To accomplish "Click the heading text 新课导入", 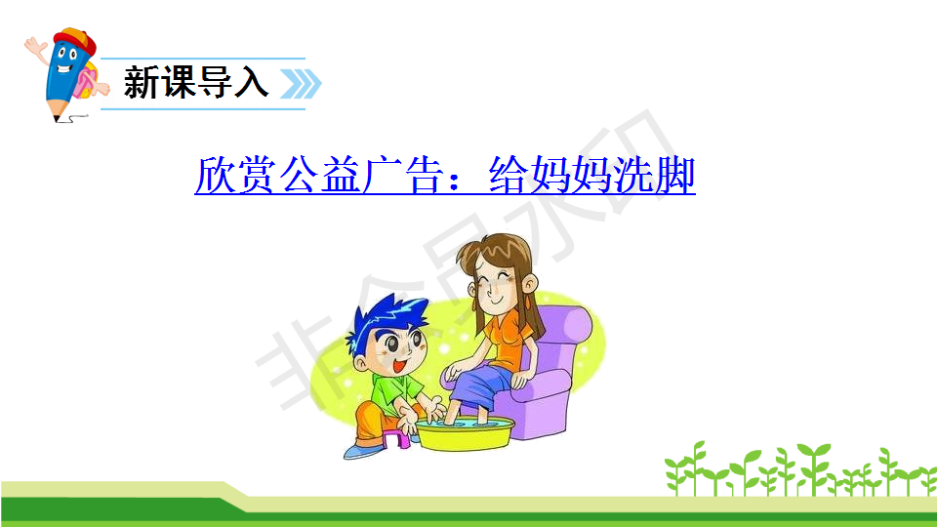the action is click(195, 82).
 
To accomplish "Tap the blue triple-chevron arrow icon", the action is click(302, 84).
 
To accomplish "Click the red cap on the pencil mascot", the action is click(76, 40).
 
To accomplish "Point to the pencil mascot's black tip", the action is click(57, 118).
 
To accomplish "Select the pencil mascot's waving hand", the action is click(35, 48).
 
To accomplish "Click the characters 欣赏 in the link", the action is click(235, 175).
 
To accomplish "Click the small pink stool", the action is click(397, 438).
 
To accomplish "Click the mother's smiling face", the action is click(497, 286).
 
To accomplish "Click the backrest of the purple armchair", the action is click(562, 335).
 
